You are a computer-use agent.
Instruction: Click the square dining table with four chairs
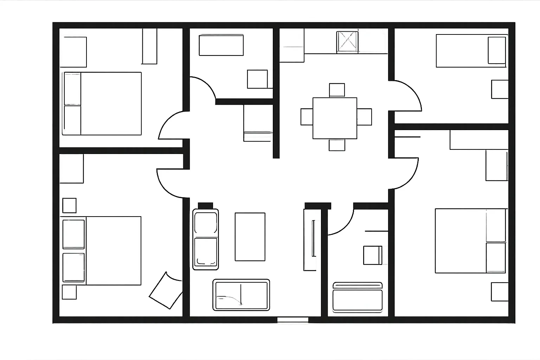[x=335, y=118]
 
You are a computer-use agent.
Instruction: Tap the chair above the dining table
[x=337, y=90]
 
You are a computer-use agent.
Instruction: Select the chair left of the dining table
[x=307, y=117]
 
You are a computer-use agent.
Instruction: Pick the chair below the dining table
[x=337, y=145]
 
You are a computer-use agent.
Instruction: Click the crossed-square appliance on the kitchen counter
[x=347, y=42]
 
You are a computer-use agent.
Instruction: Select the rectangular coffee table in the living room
[x=250, y=237]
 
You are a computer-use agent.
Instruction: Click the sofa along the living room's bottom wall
[x=241, y=295]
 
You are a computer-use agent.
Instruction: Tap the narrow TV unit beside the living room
[x=310, y=239]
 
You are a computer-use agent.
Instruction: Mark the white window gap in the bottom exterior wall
[x=292, y=320]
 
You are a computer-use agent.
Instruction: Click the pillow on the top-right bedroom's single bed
[x=497, y=50]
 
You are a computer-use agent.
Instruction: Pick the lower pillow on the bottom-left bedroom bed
[x=73, y=267]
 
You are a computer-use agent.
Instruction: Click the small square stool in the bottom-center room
[x=373, y=255]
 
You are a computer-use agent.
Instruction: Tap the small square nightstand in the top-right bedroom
[x=500, y=89]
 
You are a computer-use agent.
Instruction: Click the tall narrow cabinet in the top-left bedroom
[x=149, y=46]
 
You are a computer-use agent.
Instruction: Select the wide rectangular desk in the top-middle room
[x=221, y=45]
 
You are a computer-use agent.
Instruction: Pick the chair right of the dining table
[x=365, y=117]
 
